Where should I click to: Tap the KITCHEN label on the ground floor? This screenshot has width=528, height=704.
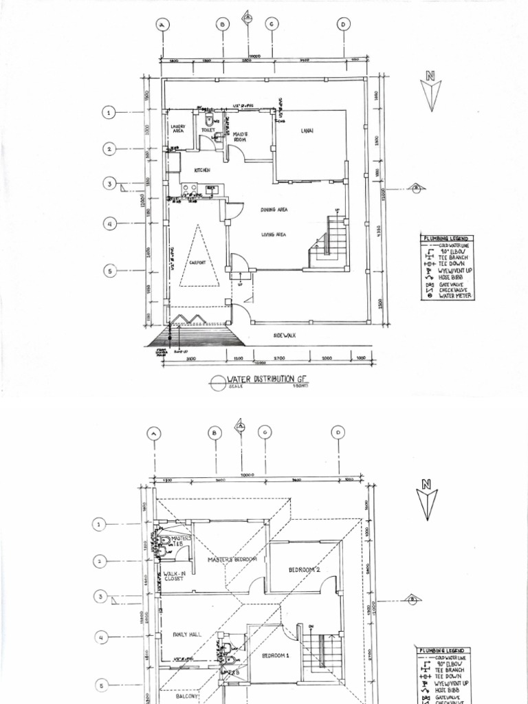[x=201, y=170]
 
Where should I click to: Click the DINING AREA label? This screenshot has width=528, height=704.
[x=274, y=210]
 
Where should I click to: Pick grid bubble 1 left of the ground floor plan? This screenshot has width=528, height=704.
[x=109, y=113]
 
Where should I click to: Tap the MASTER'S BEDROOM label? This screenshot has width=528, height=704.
[x=232, y=560]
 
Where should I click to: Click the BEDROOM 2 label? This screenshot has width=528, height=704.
[x=304, y=570]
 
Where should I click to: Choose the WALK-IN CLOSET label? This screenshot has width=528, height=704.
[x=173, y=575]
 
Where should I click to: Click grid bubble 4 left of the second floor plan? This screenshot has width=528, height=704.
[x=100, y=638]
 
